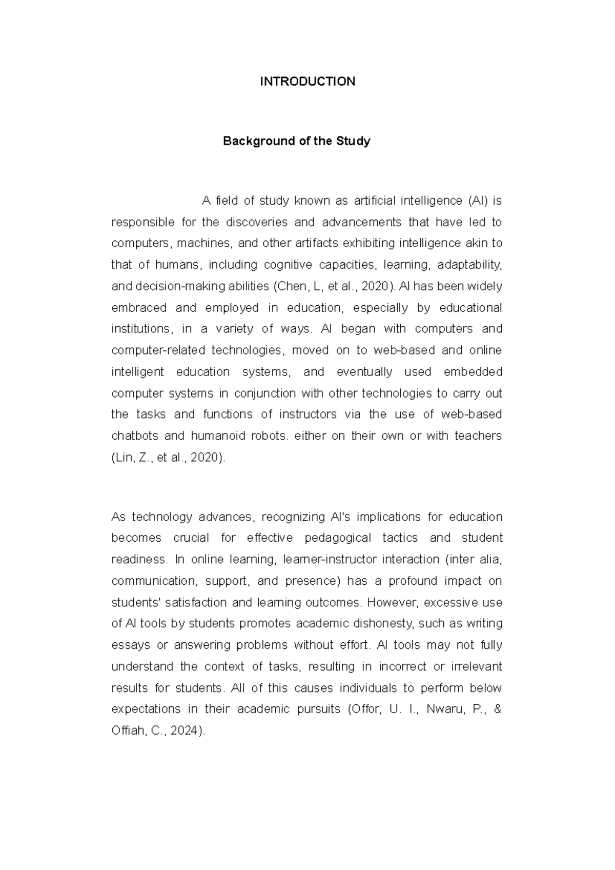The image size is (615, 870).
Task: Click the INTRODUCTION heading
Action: (x=307, y=82)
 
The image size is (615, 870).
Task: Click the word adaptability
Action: (x=469, y=265)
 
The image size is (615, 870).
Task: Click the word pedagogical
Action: (x=338, y=538)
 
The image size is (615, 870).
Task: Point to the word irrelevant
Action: (x=476, y=667)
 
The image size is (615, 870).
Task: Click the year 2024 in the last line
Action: (x=183, y=731)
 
